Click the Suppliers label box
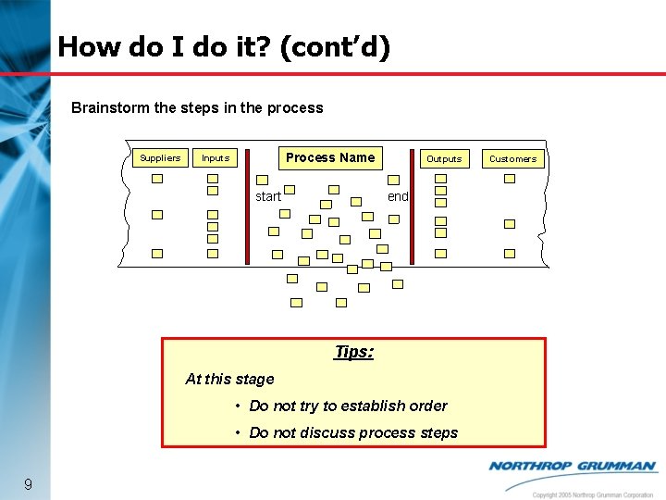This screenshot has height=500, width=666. (160, 157)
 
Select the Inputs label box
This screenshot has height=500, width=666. (216, 158)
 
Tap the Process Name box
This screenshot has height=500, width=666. (330, 157)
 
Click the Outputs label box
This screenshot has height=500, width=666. (443, 158)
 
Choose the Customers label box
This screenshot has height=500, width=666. (512, 158)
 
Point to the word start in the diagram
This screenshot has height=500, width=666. (268, 196)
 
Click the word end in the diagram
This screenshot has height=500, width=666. (398, 196)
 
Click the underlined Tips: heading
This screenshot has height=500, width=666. (353, 352)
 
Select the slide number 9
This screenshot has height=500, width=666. (29, 484)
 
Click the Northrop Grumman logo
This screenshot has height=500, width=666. (573, 467)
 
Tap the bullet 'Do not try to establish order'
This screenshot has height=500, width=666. (348, 406)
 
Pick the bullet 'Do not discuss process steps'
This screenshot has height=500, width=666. (353, 432)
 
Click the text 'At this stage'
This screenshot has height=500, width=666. (229, 379)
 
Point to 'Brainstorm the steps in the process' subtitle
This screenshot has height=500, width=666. (197, 107)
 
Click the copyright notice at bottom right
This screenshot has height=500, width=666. (593, 494)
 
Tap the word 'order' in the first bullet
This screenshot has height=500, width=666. (427, 406)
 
